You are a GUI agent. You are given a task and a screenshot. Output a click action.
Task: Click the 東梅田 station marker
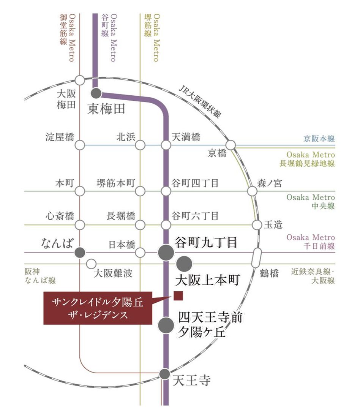tap(96, 93)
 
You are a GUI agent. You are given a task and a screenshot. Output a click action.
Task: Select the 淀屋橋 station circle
tap(80, 145)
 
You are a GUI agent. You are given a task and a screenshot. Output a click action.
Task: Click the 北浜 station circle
tap(141, 145)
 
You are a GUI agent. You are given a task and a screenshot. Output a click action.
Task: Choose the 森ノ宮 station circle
tap(252, 191)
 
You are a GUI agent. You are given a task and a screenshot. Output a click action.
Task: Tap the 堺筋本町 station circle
tap(141, 191)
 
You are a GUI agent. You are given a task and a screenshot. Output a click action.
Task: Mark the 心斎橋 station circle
tap(80, 225)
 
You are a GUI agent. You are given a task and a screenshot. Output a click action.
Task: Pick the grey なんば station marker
tap(80, 252)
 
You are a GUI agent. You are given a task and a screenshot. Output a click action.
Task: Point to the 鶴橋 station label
tap(269, 273)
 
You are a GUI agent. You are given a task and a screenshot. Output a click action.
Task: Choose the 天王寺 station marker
tap(164, 374)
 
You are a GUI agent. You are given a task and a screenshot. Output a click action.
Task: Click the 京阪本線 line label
tap(319, 139)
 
